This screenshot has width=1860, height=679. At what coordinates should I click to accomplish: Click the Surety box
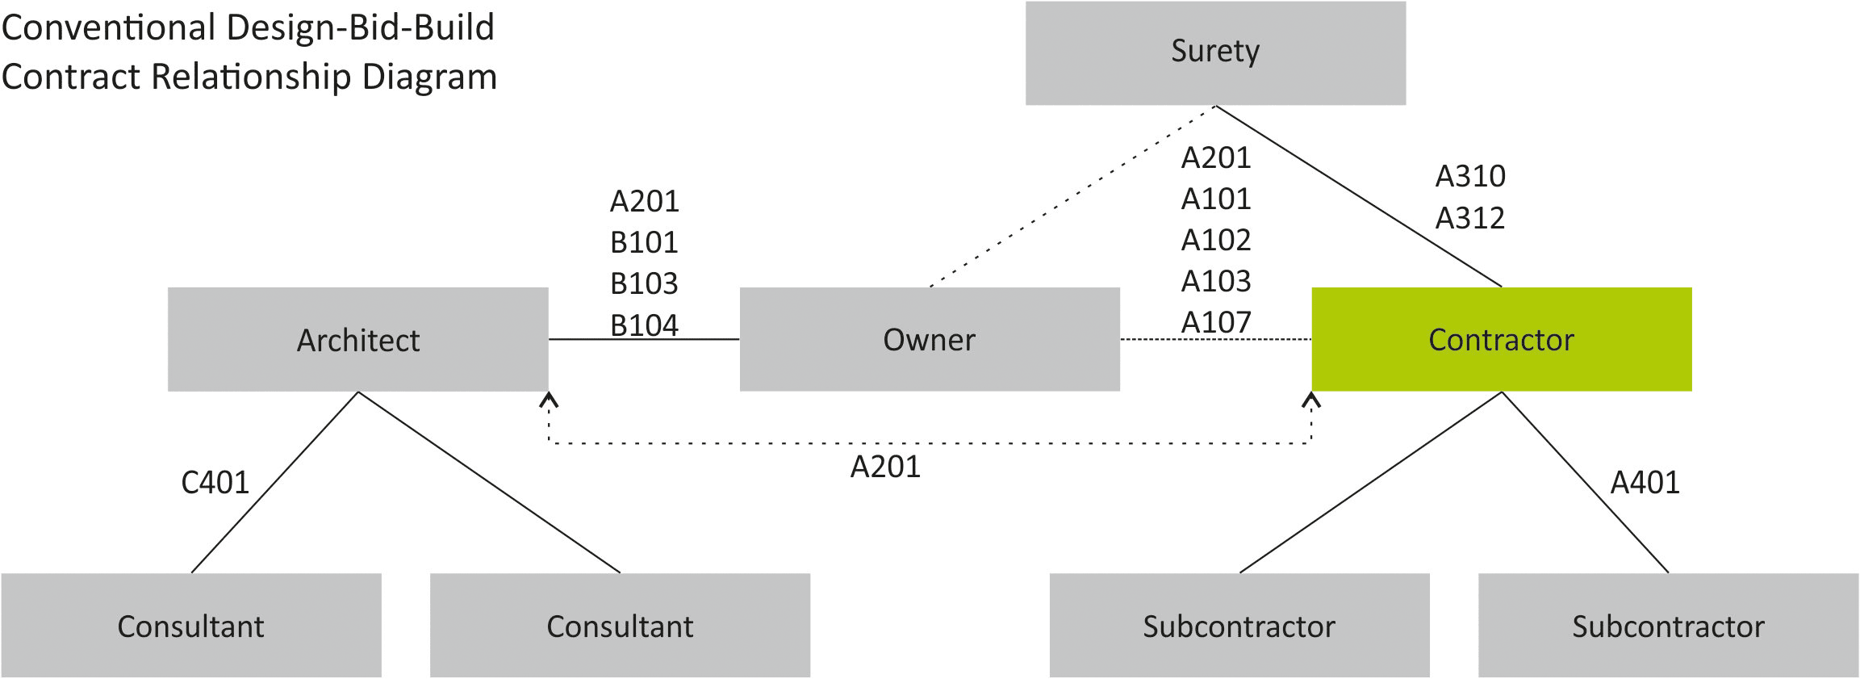tap(1215, 52)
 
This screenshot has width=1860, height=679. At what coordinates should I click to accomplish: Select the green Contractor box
tap(1501, 339)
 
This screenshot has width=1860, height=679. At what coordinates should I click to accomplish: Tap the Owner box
tap(930, 339)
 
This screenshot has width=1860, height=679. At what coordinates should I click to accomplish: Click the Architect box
tap(357, 339)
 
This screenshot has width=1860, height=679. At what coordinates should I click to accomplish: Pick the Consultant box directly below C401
tap(191, 626)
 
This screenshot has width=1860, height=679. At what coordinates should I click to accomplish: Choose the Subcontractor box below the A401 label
tap(1668, 626)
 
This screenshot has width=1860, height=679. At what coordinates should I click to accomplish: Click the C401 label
tap(215, 483)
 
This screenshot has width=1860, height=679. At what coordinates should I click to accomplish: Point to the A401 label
tap(1645, 483)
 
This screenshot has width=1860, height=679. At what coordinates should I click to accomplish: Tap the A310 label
tap(1470, 176)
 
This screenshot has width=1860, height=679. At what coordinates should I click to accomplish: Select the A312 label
tap(1470, 218)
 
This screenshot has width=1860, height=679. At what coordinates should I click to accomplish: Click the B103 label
tap(644, 283)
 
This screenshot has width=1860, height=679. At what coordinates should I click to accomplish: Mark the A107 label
tap(1216, 322)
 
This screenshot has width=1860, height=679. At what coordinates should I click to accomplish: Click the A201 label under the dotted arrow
tap(885, 467)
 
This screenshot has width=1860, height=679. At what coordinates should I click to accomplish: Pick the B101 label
tap(644, 242)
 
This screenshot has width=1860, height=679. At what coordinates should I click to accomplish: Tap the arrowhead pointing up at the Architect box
tap(549, 399)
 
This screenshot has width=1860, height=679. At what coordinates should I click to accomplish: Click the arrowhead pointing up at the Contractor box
tap(1311, 399)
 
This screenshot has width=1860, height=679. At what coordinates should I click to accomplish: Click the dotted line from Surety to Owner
tap(1073, 196)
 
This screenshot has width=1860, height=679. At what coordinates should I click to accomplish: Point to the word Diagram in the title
tap(429, 78)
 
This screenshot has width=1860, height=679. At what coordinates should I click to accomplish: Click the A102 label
tap(1216, 240)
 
